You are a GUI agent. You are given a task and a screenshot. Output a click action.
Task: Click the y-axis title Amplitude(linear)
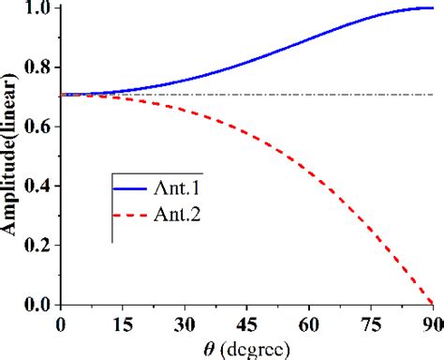(x=12, y=155)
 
